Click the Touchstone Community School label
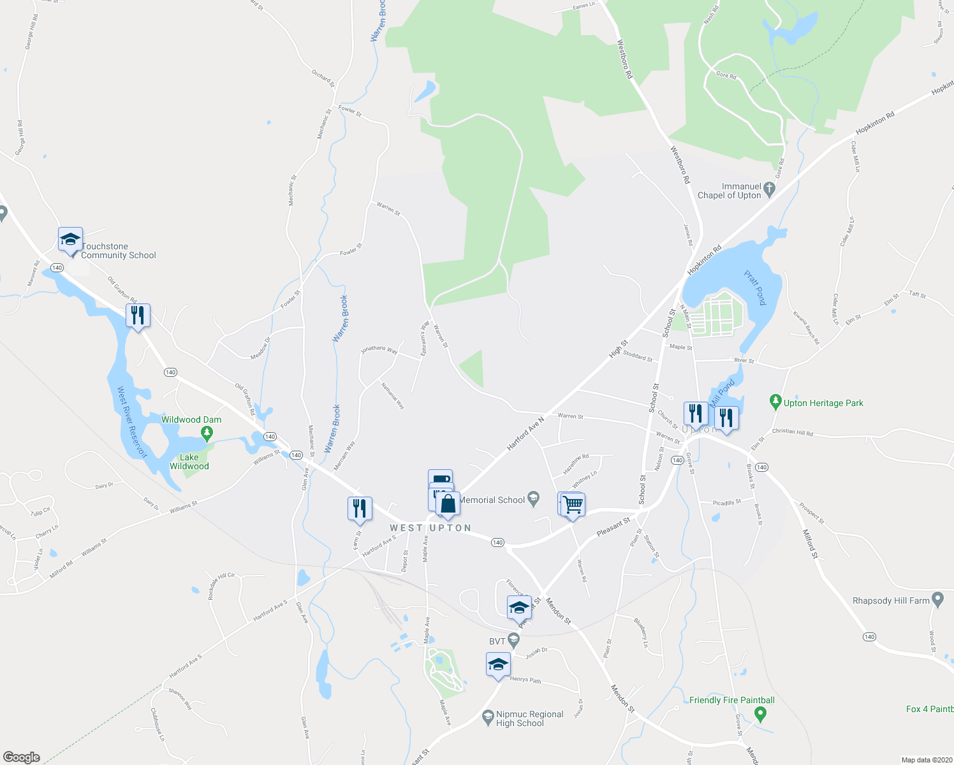click(119, 251)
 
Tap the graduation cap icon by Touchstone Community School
click(70, 240)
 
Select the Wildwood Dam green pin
click(206, 433)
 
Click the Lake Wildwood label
click(189, 462)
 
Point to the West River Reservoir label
click(132, 422)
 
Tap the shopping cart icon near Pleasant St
click(573, 505)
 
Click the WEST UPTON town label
click(430, 528)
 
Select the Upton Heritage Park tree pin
click(775, 402)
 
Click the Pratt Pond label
click(755, 288)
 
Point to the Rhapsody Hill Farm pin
click(937, 599)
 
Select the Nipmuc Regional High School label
click(529, 718)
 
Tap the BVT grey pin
click(514, 640)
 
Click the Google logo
click(22, 757)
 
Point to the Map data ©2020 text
click(926, 760)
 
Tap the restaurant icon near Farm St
click(360, 508)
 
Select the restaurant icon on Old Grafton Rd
click(138, 315)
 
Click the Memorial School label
click(492, 500)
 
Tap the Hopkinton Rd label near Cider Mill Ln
click(875, 123)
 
